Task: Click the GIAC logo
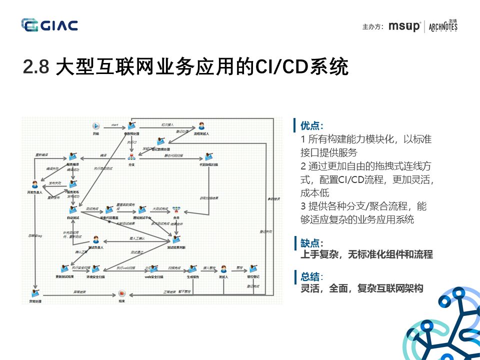(x=49, y=24)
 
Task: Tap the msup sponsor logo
(x=404, y=26)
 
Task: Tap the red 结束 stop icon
(x=121, y=294)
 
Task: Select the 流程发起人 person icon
(x=201, y=126)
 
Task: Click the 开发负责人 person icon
(x=34, y=184)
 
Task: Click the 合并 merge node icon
(x=176, y=210)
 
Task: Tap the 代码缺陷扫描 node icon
(x=208, y=156)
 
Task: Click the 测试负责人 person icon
(x=95, y=240)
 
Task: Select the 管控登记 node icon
(x=253, y=268)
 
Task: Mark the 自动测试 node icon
(x=73, y=210)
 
